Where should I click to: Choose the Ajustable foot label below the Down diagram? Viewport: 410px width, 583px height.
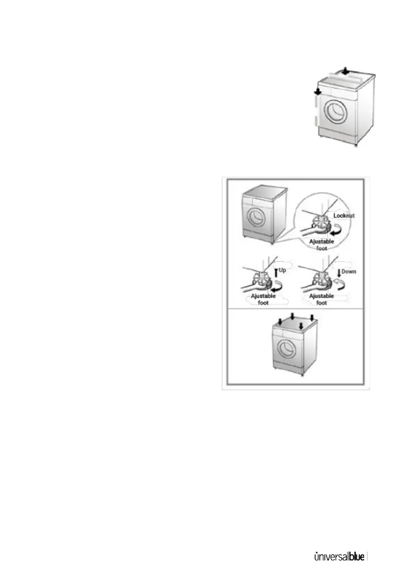point(322,300)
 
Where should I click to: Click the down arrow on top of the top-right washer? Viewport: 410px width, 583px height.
point(345,71)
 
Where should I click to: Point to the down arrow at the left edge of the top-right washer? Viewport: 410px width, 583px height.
point(317,91)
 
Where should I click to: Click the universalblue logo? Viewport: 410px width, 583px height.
point(340,557)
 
